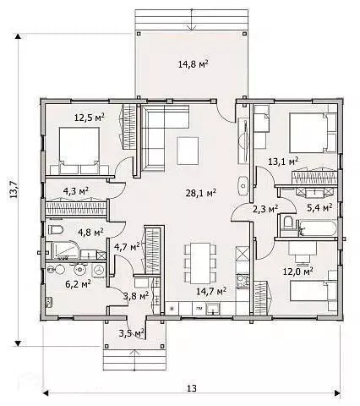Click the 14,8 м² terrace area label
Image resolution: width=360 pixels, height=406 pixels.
[x=194, y=64]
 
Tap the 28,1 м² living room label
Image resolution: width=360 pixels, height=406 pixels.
[x=201, y=193]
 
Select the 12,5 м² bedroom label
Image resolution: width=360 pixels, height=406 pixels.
[x=90, y=117]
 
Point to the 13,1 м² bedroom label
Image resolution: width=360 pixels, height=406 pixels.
[x=283, y=162]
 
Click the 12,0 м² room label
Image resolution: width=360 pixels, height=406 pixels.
[x=298, y=272]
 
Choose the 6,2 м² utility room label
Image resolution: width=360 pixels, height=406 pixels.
[x=78, y=284]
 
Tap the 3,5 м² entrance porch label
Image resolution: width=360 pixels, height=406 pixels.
[x=132, y=333]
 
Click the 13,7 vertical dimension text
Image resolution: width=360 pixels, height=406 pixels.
[x=14, y=189]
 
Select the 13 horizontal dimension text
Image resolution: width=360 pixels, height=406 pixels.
[x=192, y=388]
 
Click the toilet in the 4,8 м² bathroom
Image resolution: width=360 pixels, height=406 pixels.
[x=56, y=230]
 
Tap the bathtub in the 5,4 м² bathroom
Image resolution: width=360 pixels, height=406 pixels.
[x=318, y=228]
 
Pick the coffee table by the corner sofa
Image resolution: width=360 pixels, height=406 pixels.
[x=188, y=151]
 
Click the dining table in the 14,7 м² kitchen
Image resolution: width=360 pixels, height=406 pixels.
[x=200, y=263]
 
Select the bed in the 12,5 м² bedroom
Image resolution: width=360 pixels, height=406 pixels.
[x=79, y=151]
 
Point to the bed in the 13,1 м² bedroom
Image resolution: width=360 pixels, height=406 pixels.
[x=313, y=133]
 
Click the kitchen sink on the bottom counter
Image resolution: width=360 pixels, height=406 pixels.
[x=213, y=309]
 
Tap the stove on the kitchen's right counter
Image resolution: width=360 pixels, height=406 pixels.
[x=243, y=281]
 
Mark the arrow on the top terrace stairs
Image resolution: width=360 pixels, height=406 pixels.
[x=192, y=19]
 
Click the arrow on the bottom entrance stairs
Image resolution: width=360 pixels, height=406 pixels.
[x=134, y=360]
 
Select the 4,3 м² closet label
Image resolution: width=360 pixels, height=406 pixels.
[x=76, y=191]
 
